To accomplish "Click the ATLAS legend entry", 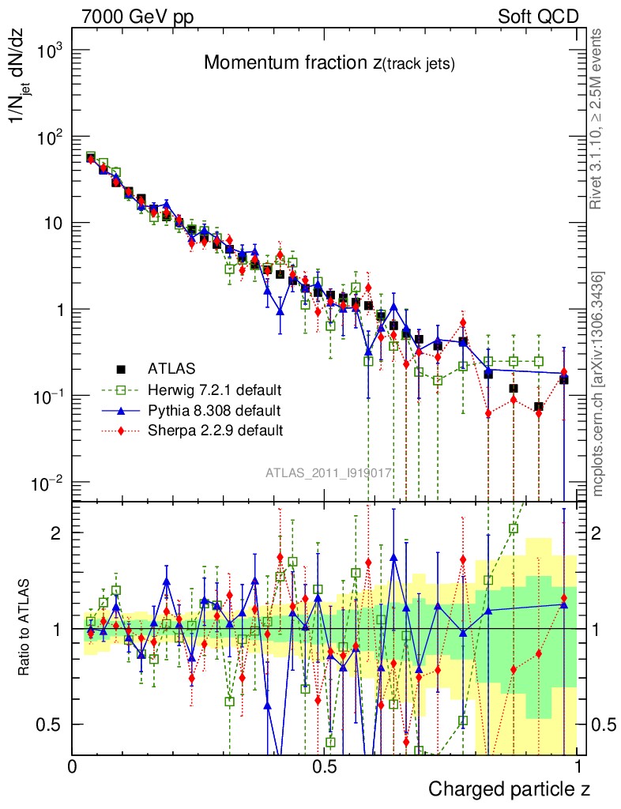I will [x=171, y=367].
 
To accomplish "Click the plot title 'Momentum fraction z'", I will [x=329, y=64].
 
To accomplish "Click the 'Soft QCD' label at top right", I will [x=538, y=17].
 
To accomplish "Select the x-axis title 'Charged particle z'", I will [x=509, y=788].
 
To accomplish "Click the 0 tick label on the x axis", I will [x=73, y=766].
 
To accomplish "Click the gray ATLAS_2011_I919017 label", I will [x=329, y=473].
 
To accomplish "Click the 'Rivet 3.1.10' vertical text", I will [x=599, y=119].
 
